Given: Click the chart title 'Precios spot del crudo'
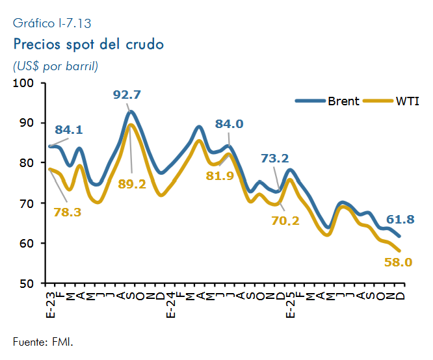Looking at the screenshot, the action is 88,45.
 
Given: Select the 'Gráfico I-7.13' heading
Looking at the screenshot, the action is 52,23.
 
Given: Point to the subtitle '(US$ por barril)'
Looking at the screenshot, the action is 55,66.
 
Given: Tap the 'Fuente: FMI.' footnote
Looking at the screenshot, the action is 43,342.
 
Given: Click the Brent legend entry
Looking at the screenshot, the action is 327,101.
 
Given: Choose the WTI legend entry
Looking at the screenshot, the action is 391,101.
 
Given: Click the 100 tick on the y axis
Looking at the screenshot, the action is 23,83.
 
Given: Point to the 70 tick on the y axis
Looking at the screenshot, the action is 27,203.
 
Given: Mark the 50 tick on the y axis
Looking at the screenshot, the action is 27,283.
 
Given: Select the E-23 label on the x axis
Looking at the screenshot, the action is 51,305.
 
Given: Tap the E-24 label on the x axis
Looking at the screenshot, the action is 170,305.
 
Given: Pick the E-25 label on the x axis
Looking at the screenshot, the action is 290,305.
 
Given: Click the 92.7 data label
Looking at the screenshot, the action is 127,95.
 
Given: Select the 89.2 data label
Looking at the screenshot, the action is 132,184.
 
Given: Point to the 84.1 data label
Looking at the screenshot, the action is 69,129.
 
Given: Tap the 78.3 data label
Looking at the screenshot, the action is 68,212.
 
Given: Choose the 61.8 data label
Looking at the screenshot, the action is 400,219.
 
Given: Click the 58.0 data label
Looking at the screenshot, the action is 398,262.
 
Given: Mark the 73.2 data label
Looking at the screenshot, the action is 275,158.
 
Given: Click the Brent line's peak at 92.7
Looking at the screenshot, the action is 131,112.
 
